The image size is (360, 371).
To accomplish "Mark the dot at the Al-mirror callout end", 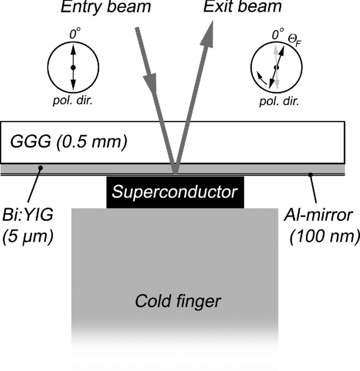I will click(310, 175).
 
